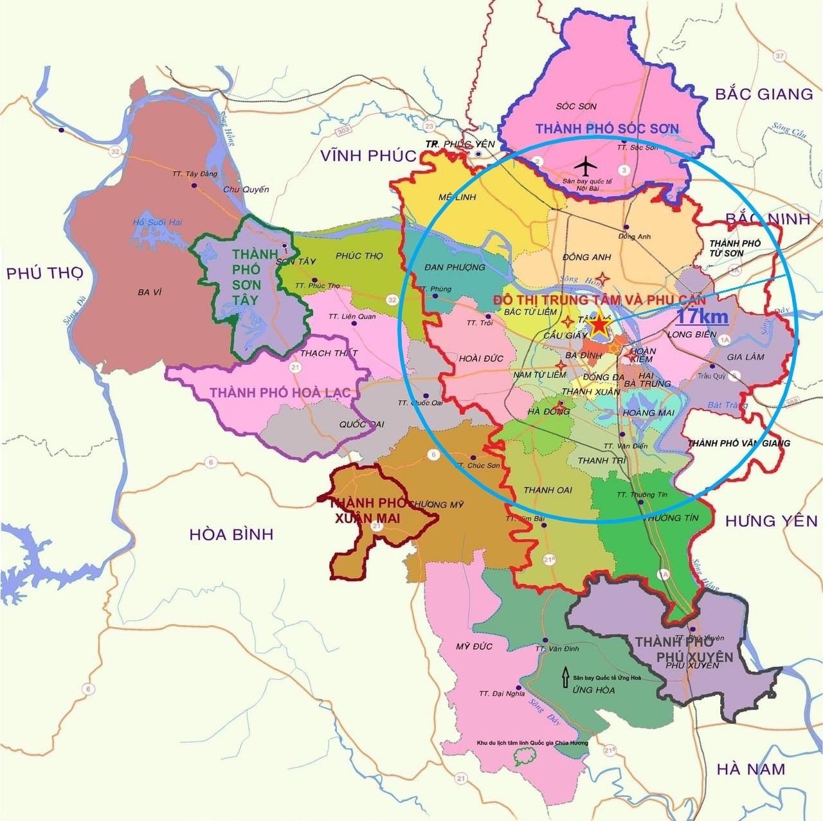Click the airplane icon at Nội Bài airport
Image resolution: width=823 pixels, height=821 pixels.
click(584, 166)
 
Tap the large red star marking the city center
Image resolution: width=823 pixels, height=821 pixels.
click(599, 324)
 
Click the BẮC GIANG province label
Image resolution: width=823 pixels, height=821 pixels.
click(764, 94)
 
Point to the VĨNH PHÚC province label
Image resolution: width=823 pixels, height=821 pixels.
click(361, 155)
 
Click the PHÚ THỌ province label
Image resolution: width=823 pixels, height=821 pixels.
click(45, 273)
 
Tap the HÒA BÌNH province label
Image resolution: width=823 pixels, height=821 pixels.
click(232, 534)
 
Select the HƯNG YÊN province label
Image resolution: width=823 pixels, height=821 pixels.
click(771, 521)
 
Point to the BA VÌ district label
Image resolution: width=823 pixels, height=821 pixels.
click(149, 292)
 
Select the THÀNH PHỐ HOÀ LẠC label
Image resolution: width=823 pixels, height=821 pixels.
click(280, 392)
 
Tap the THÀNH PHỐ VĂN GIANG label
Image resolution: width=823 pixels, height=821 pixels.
click(738, 443)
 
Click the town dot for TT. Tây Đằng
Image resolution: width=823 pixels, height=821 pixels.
click(194, 186)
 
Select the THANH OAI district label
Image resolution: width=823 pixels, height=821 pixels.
click(548, 490)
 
